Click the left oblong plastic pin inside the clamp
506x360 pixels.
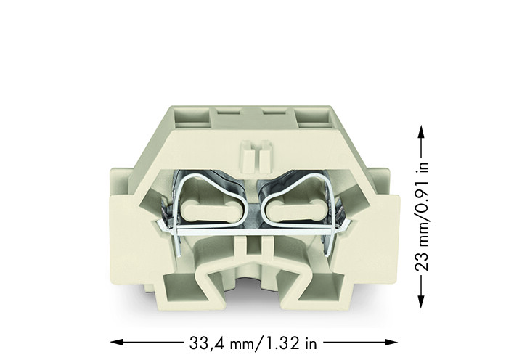(x=207, y=211)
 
